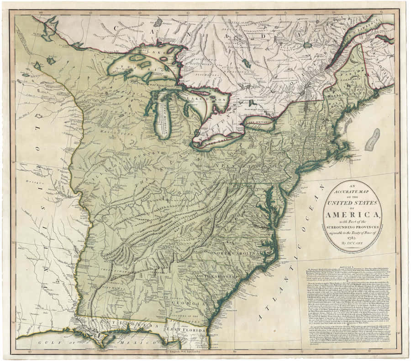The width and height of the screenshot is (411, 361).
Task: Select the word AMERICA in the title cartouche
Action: (352, 215)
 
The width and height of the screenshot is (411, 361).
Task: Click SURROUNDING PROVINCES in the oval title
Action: (352, 227)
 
